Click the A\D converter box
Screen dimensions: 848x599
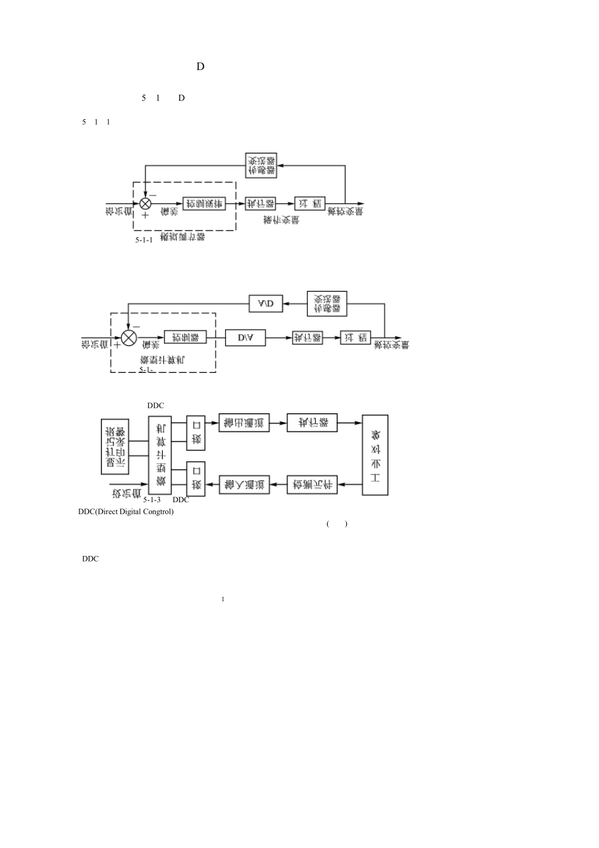265,304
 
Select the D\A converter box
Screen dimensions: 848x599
245,338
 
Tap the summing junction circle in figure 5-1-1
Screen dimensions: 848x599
146,203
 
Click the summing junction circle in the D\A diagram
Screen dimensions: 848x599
129,338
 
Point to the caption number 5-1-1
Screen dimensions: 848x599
144,240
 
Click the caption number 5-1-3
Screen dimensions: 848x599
152,499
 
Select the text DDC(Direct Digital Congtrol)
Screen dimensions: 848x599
126,512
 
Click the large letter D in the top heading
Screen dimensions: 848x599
201,66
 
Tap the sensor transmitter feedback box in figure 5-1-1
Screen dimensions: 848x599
261,166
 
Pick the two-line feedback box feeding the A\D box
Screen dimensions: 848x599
327,303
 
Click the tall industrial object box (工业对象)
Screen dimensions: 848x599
375,454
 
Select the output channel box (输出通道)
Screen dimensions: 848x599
244,423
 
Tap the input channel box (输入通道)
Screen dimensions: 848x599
244,485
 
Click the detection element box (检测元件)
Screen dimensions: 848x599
313,485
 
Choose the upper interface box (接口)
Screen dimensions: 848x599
196,433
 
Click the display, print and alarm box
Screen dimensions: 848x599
115,446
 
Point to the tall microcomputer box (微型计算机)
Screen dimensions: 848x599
160,454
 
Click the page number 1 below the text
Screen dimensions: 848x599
223,599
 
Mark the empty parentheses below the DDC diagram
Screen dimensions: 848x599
337,524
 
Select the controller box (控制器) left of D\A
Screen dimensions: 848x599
185,338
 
